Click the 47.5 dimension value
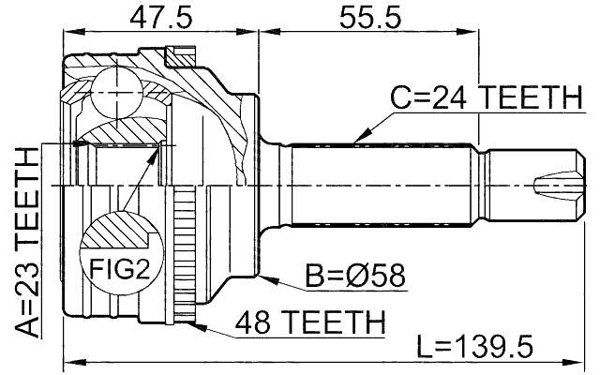(157, 17)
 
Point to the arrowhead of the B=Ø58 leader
(265, 277)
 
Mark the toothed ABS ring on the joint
(184, 253)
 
